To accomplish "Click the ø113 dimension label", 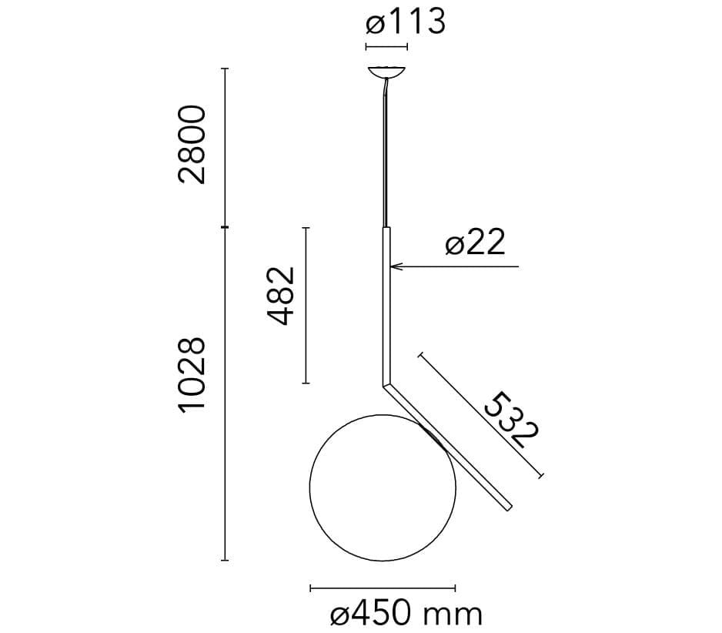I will (x=406, y=22).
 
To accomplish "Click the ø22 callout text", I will (x=475, y=243).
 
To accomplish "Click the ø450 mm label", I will (x=406, y=615).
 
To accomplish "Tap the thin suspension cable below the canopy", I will (x=385, y=154).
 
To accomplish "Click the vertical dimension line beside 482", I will (x=306, y=305).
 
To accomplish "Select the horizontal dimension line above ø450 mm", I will (x=382, y=589).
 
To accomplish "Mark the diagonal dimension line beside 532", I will (x=481, y=416).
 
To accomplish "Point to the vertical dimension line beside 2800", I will (x=225, y=146).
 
